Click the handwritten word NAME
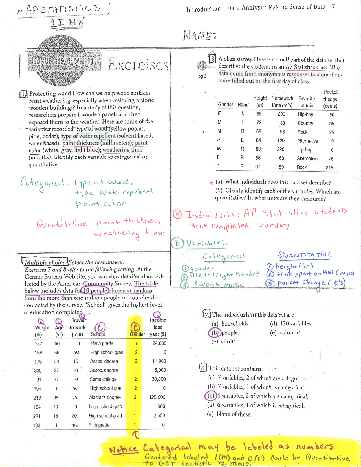[200, 35]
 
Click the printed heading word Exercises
[138, 65]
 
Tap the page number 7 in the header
[333, 7]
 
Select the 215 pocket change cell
[329, 168]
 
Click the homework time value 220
[281, 149]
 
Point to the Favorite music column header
[307, 102]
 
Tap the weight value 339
[38, 370]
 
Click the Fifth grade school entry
[99, 425]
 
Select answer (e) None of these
[230, 414]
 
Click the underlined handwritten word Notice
[124, 449]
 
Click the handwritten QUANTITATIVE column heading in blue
[305, 255]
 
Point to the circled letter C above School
[100, 327]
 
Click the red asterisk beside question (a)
[211, 182]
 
